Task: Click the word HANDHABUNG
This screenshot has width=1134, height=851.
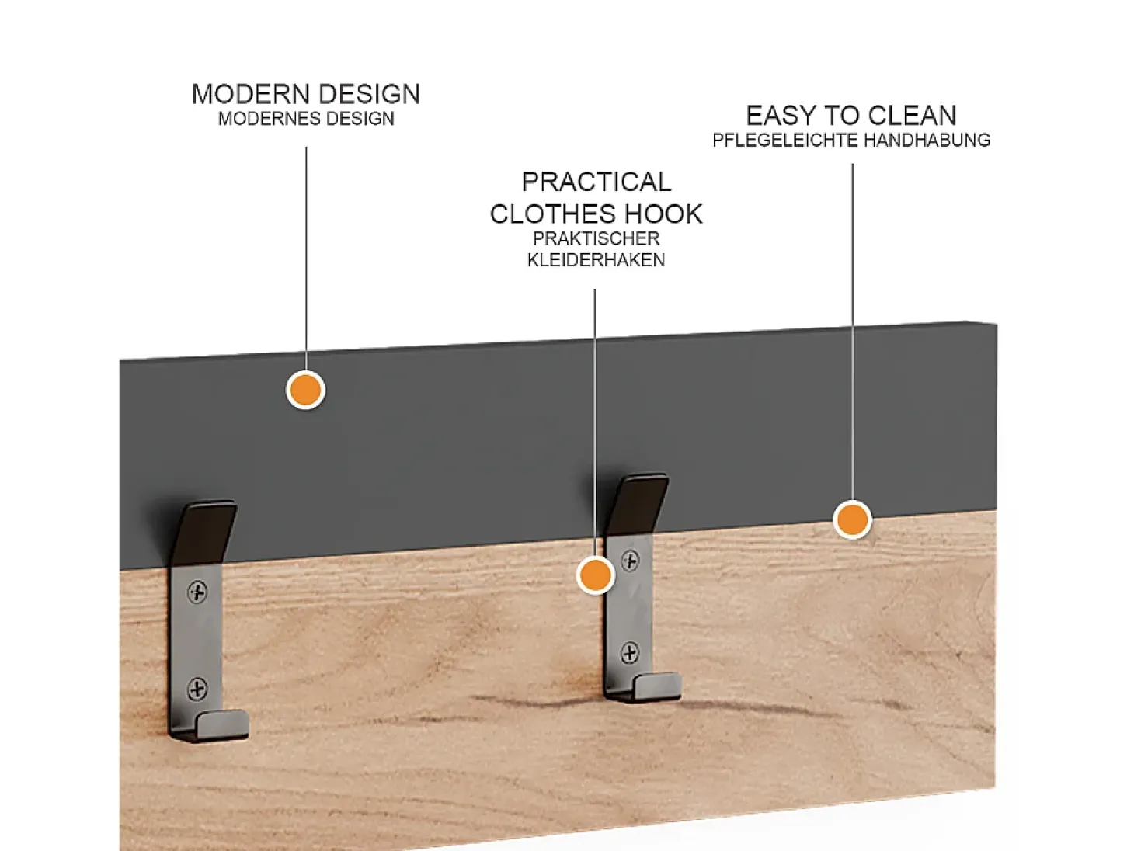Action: [927, 140]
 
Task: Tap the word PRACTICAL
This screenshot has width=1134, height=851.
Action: [597, 182]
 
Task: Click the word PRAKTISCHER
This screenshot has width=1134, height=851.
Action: [597, 238]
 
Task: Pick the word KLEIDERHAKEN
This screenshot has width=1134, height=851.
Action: [597, 260]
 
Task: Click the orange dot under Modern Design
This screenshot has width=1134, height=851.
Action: [305, 390]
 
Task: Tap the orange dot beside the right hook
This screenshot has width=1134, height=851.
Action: [596, 575]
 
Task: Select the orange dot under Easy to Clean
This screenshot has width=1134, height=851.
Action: [852, 519]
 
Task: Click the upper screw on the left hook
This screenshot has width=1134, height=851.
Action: [197, 592]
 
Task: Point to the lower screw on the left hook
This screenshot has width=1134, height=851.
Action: [197, 689]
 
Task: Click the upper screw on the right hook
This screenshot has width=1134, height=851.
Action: [630, 561]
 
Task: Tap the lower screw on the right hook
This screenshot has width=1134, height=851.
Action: [630, 653]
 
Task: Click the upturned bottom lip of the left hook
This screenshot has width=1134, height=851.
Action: [223, 724]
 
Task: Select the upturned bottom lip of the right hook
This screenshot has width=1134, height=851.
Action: [656, 686]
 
